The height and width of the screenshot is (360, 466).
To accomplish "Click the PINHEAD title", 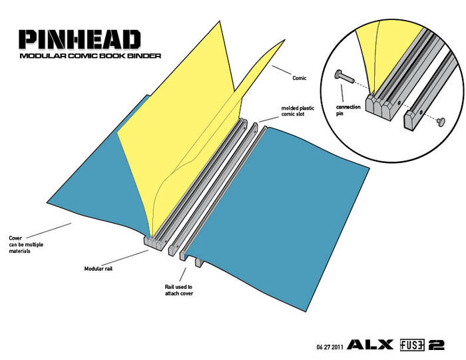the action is (x=79, y=39).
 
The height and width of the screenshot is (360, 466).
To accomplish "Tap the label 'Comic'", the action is (x=300, y=78).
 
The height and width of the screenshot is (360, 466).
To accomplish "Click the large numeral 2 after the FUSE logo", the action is (x=439, y=345).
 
